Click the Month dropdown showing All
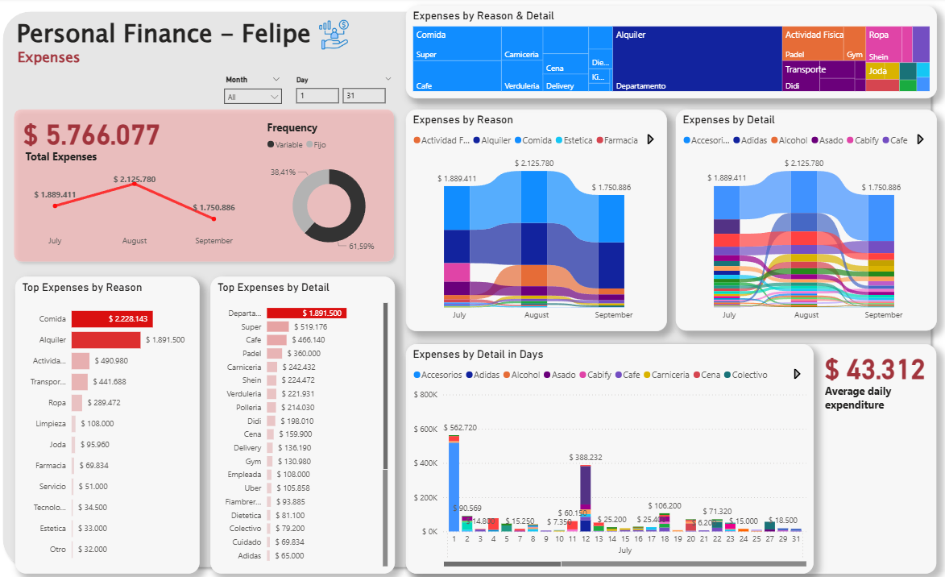tap(252, 97)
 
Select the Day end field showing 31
tap(363, 96)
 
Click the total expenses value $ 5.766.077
tap(91, 135)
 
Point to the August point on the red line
tap(135, 185)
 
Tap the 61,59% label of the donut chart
tap(361, 246)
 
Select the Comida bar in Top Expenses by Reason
tap(112, 319)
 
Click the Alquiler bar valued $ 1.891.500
tap(106, 340)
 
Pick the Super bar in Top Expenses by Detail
tap(278, 326)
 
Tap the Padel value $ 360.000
tap(304, 354)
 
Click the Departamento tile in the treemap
tap(641, 85)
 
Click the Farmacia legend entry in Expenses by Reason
tap(618, 140)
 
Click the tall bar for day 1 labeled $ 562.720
tap(454, 484)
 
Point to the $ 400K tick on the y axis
tap(425, 463)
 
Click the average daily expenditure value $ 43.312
tap(874, 371)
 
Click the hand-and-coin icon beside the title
tap(334, 33)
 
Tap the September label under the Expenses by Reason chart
tap(614, 315)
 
